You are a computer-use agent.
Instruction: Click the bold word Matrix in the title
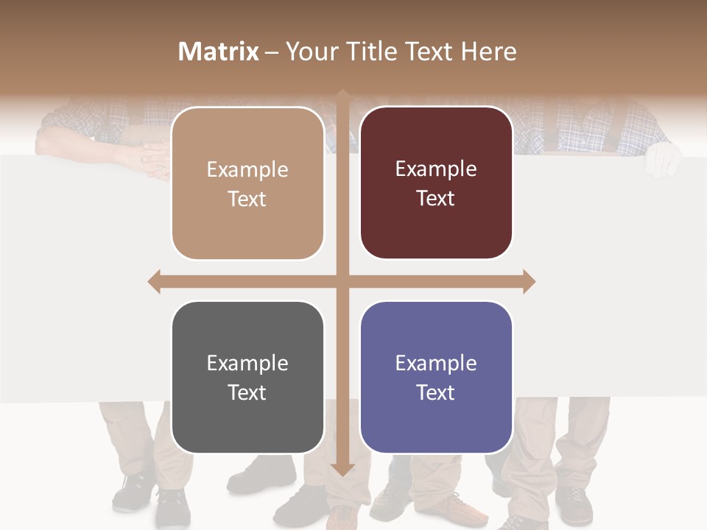point(219,52)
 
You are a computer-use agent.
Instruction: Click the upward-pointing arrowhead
point(342,94)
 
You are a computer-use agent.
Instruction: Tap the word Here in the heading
point(489,52)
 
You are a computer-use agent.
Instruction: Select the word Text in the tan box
point(247,199)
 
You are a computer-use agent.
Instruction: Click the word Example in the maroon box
point(436,169)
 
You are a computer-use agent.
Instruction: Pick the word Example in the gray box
point(247,363)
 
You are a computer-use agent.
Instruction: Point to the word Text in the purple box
point(436,392)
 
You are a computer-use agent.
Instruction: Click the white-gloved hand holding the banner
point(662,159)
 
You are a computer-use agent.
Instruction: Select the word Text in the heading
point(429,52)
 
